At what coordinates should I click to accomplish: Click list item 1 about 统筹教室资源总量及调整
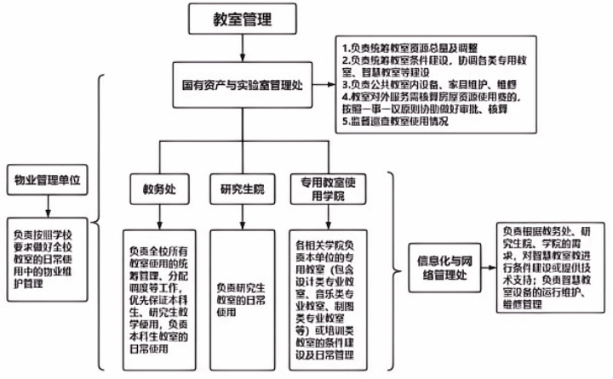tap(409, 48)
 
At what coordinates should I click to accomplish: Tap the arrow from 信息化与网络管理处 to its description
tap(488, 265)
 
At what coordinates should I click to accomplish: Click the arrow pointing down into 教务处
tap(153, 161)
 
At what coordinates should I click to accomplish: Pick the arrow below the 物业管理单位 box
tap(48, 206)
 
